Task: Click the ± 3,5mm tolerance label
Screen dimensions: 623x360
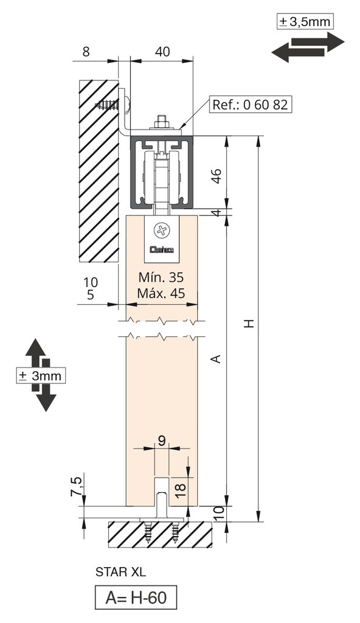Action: (x=305, y=22)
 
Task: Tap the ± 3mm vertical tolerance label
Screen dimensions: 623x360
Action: (x=41, y=375)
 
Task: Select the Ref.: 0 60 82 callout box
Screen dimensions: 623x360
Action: (x=249, y=104)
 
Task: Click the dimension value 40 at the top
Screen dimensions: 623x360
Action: (x=162, y=52)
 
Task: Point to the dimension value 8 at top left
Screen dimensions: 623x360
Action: (x=86, y=52)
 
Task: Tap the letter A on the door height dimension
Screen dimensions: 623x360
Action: (x=215, y=360)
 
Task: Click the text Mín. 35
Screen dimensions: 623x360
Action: (x=161, y=277)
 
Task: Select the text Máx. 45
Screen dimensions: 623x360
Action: (x=161, y=293)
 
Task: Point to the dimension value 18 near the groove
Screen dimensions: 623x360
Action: (x=179, y=487)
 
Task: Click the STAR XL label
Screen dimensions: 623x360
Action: (x=121, y=572)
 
